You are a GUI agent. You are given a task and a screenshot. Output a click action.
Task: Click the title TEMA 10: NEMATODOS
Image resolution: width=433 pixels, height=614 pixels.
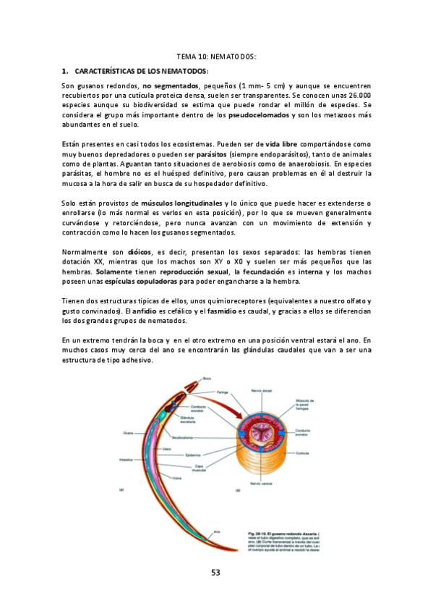[216, 56]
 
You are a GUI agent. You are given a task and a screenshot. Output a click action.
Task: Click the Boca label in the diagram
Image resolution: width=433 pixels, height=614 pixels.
[207, 378]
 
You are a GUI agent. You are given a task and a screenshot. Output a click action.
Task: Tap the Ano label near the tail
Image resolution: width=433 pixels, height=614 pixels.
[215, 531]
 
